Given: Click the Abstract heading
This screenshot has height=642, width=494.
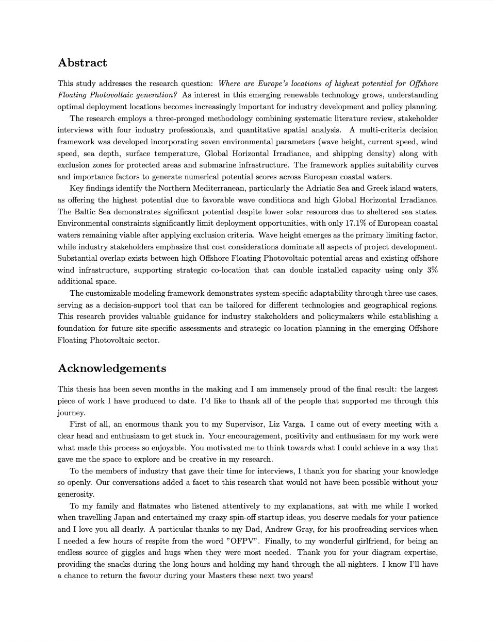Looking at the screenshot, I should coord(83,63).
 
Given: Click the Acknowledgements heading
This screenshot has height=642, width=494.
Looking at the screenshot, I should coord(112,368).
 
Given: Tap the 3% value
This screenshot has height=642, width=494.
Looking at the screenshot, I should coord(432,270).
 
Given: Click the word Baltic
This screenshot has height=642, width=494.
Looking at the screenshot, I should coord(85,212).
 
